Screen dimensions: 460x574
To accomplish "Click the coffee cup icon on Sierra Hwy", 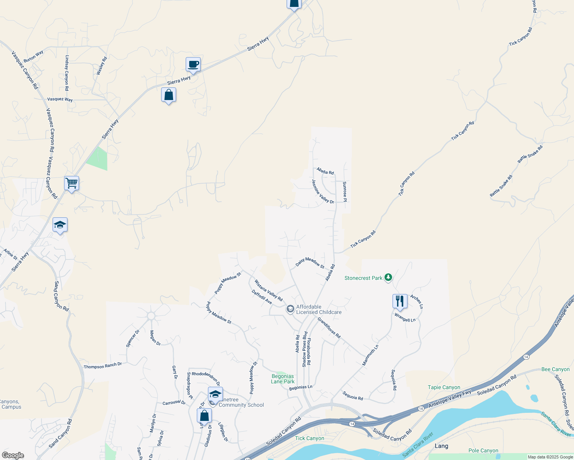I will coord(193,64).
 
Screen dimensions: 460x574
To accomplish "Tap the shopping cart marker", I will coord(72,183).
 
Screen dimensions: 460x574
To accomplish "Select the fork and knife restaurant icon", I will coord(400,301).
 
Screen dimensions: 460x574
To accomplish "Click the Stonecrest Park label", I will coord(363,278).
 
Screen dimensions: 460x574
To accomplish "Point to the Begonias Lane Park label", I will coord(283,379).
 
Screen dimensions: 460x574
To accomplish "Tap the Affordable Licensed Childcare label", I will coord(318,309).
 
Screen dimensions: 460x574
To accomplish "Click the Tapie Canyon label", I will coord(444,387).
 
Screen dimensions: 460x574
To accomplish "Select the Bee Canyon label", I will coord(555,369).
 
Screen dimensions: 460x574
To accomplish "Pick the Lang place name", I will coord(441,446).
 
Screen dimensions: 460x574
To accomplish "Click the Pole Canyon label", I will coord(483,450).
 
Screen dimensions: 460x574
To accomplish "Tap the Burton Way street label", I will coord(33,57).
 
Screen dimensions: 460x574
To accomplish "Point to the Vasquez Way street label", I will coord(60,99).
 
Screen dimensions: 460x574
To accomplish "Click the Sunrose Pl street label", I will coord(345,190).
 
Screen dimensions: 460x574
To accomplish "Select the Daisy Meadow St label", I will coord(310,263).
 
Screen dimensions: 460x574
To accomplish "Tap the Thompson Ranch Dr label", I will coord(102,366).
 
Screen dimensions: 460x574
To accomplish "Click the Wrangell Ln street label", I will coord(405,317).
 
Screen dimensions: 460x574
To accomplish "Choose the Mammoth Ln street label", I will coord(370,355).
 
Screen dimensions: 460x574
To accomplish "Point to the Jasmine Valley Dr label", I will coord(323,191).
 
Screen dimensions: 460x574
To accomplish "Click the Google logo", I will coord(13,455).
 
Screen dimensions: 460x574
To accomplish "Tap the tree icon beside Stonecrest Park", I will coord(388,278).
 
